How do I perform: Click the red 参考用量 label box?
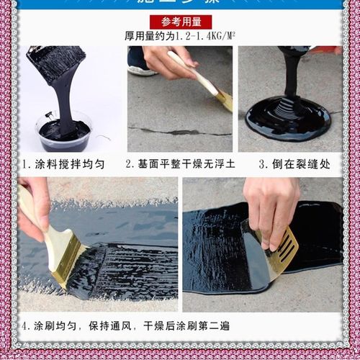pyautogui.click(x=181, y=21)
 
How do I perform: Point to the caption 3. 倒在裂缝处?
pyautogui.click(x=294, y=163)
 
